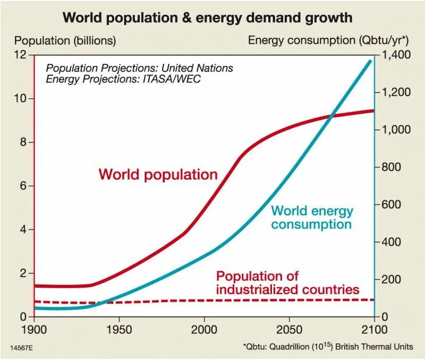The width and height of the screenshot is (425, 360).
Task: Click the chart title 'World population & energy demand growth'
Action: pyautogui.click(x=207, y=18)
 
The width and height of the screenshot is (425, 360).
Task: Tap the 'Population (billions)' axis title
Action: pyautogui.click(x=65, y=40)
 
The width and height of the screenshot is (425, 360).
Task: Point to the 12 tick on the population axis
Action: pyautogui.click(x=21, y=55)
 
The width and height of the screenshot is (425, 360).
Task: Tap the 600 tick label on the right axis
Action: pyautogui.click(x=392, y=205)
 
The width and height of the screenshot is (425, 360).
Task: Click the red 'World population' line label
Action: pyautogui.click(x=158, y=174)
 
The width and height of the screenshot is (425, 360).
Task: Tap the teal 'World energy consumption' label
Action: pyautogui.click(x=312, y=217)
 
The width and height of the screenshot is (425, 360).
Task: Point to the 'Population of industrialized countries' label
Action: pyautogui.click(x=287, y=283)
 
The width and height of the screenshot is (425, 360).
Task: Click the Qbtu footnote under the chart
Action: pyautogui.click(x=328, y=347)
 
